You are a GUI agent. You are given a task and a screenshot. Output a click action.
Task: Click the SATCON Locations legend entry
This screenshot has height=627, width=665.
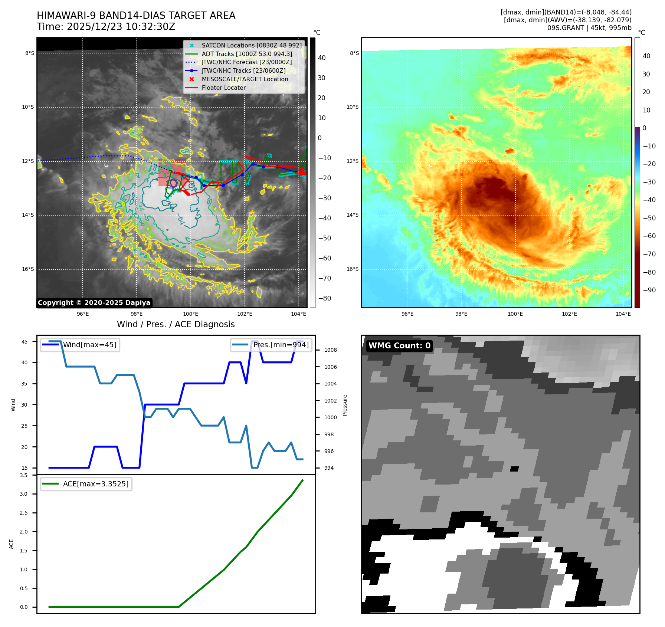[x=252, y=45]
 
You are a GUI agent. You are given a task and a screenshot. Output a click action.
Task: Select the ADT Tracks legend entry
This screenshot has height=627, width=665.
[x=247, y=54]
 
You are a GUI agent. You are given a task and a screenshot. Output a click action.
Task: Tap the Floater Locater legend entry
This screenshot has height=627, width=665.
[x=223, y=88]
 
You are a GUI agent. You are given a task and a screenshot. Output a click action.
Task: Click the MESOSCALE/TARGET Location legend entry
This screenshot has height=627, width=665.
[x=245, y=79]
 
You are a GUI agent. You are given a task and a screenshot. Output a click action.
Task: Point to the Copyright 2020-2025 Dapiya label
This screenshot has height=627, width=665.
[x=94, y=303]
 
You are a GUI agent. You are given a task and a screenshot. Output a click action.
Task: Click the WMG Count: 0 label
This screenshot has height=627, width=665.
[x=399, y=346]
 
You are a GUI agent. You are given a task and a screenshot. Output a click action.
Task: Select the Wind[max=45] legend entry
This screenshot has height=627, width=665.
[x=89, y=345]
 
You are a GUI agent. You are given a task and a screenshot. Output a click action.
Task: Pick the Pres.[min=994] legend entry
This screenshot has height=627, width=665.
[x=281, y=345]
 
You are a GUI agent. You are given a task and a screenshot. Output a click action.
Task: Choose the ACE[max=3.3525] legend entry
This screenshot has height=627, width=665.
[x=96, y=484]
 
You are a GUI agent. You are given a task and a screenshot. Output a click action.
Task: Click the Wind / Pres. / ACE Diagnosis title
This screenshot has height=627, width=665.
[x=176, y=324]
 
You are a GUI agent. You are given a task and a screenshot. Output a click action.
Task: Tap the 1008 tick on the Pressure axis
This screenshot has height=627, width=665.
[x=330, y=350]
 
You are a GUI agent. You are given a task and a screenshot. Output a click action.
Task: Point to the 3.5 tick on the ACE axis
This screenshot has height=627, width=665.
[x=24, y=475]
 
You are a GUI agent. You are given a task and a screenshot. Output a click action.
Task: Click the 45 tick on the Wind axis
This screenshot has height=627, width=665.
[x=24, y=342]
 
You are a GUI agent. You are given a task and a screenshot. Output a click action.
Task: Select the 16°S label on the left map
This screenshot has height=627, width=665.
[x=28, y=269]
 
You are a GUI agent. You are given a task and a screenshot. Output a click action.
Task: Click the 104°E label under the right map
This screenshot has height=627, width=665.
[x=623, y=314]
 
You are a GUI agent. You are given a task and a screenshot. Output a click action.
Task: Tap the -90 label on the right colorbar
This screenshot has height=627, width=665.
[x=649, y=290]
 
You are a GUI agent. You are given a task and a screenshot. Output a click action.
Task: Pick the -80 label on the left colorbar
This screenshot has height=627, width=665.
[x=324, y=298]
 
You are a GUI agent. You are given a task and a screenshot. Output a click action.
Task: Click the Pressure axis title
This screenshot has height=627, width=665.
[x=345, y=405]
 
